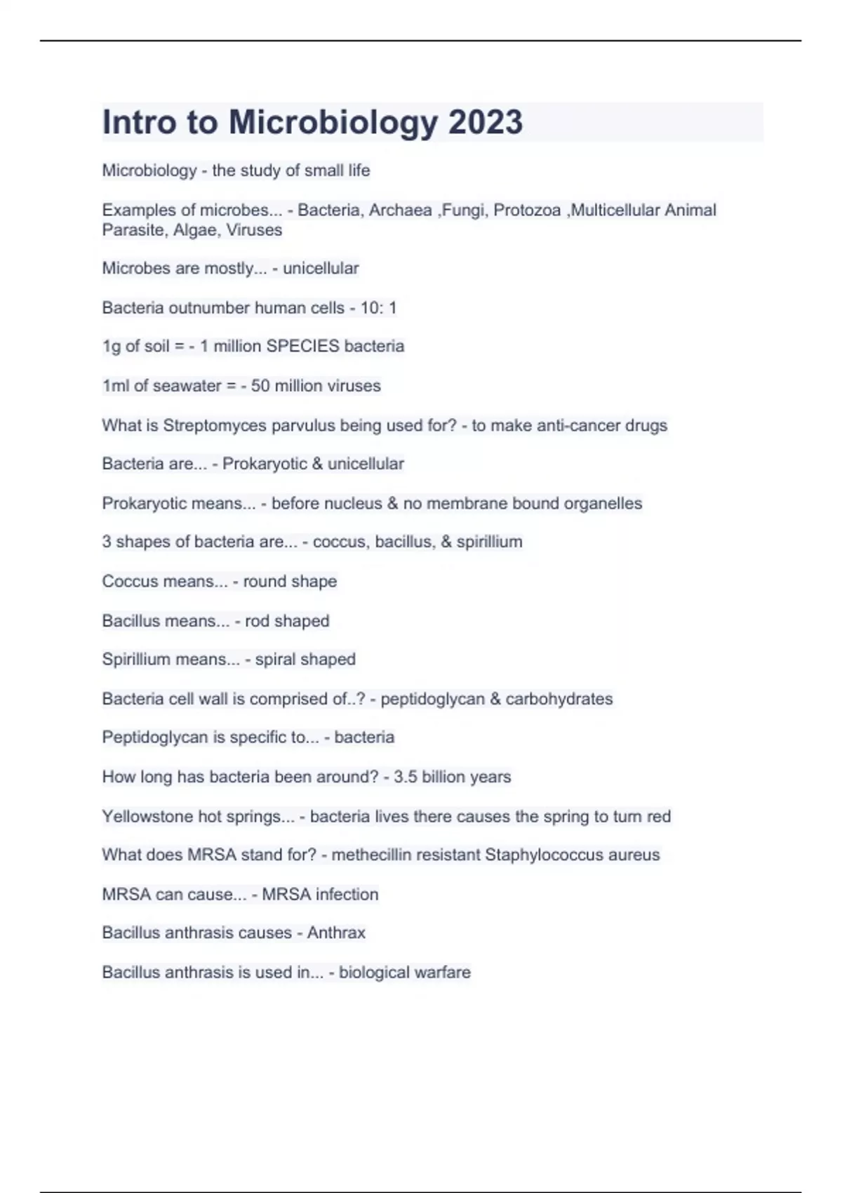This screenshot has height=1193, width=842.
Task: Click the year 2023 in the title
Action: [x=486, y=122]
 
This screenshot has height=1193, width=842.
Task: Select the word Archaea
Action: [x=401, y=210]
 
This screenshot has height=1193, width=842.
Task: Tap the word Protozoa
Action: [x=527, y=210]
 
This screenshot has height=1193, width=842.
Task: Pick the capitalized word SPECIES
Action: [x=303, y=346]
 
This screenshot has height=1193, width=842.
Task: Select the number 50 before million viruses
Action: [x=260, y=385]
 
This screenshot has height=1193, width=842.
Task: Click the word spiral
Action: [x=276, y=659]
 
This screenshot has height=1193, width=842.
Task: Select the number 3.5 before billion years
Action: [x=405, y=777]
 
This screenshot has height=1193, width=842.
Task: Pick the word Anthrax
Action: [x=336, y=933]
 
